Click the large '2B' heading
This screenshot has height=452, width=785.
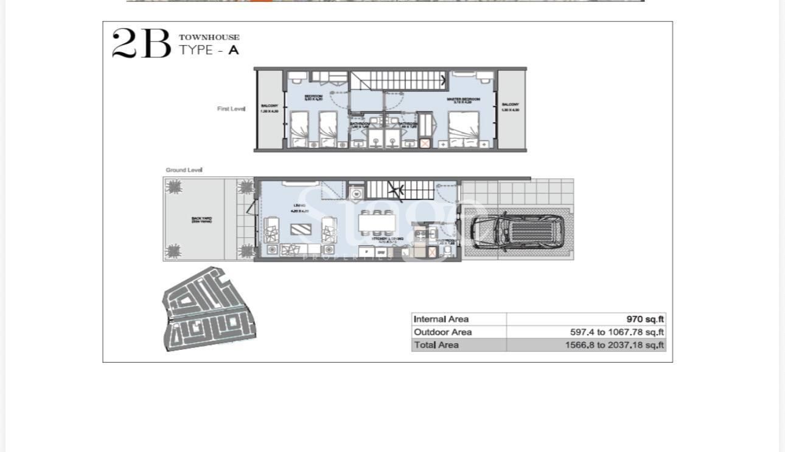click(x=141, y=44)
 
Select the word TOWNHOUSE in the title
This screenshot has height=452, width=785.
click(x=209, y=37)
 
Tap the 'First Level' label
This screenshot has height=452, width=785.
click(x=231, y=109)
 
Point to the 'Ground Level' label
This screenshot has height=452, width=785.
click(x=184, y=170)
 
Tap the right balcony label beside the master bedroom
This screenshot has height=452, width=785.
click(x=510, y=108)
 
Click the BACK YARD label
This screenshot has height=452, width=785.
click(x=201, y=220)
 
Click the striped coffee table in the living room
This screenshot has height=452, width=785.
click(x=299, y=230)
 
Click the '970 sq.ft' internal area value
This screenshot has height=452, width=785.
click(x=645, y=319)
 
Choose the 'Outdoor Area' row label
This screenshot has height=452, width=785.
click(x=442, y=332)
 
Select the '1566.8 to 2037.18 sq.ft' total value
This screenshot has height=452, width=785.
click(x=615, y=345)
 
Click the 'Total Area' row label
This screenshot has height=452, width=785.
click(x=436, y=345)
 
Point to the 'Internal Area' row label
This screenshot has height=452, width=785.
click(x=441, y=319)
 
